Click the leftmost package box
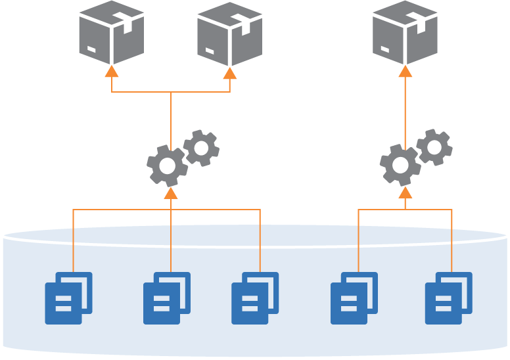pyautogui.click(x=112, y=33)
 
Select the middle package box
pyautogui.click(x=230, y=34)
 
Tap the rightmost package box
pyautogui.click(x=405, y=33)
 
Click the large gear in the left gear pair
pyautogui.click(x=167, y=166)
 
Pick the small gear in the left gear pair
pyautogui.click(x=201, y=148)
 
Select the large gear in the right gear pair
pyautogui.click(x=400, y=165)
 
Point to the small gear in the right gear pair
pyautogui.click(x=434, y=147)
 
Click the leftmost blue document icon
pyautogui.click(x=68, y=298)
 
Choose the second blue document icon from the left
pyautogui.click(x=167, y=298)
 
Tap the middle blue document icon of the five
pyautogui.click(x=255, y=298)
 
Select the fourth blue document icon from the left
pyautogui.click(x=354, y=298)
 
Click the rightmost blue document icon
pyautogui.click(x=449, y=298)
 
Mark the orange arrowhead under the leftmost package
pyautogui.click(x=112, y=71)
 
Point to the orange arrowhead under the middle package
pyautogui.click(x=230, y=73)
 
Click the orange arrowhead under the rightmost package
pyautogui.click(x=405, y=71)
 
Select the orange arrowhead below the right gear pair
pyautogui.click(x=406, y=192)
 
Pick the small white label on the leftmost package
pyautogui.click(x=91, y=49)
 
